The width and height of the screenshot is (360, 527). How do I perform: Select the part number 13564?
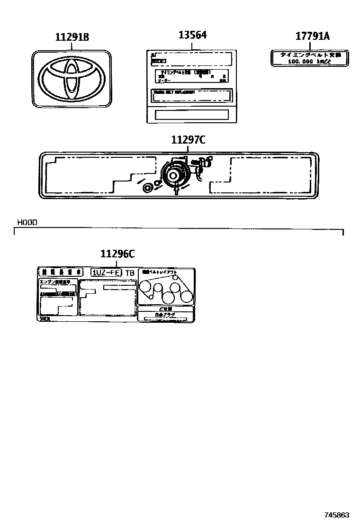tap(192, 35)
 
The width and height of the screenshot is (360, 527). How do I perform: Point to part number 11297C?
tap(188, 140)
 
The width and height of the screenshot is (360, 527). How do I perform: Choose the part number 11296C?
tap(117, 254)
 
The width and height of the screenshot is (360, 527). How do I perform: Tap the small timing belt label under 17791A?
tap(309, 58)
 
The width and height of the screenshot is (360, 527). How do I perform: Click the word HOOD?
tap(27, 222)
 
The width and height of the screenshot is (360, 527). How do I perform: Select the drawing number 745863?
tap(336, 515)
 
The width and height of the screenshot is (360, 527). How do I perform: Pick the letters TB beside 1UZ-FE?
tap(129, 273)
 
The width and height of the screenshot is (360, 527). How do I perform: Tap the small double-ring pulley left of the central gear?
tap(148, 188)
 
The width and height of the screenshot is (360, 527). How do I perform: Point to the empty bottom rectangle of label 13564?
tap(192, 115)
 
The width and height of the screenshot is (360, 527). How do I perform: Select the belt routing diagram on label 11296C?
tap(166, 290)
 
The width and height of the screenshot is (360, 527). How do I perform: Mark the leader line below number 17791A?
tap(309, 46)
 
